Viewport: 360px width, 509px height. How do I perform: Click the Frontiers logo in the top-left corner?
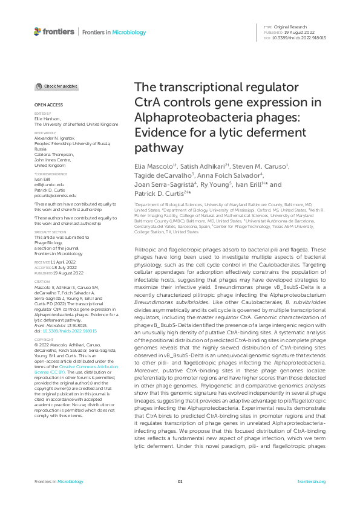pyautogui.click(x=54, y=31)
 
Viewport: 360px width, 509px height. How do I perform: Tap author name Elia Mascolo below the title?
pyautogui.click(x=154, y=166)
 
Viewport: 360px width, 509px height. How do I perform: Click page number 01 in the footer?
pyautogui.click(x=180, y=482)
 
